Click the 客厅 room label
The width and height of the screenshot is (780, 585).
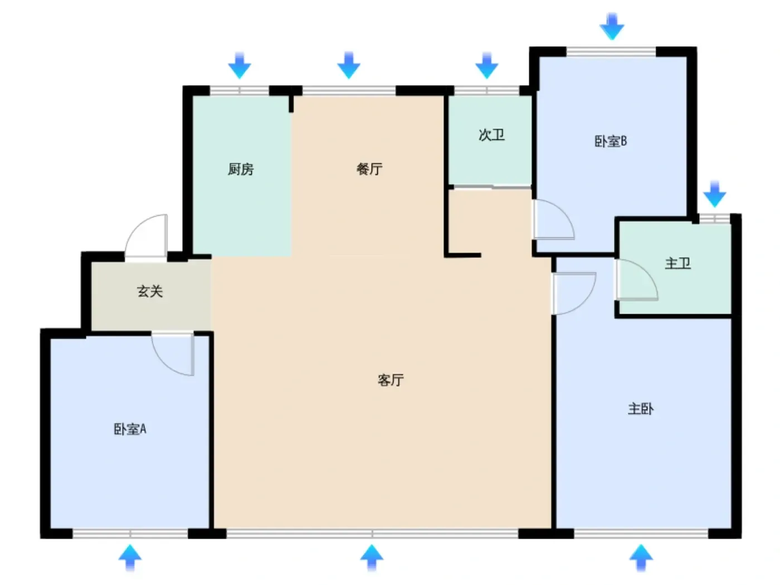pyautogui.click(x=390, y=380)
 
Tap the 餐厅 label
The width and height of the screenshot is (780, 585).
pyautogui.click(x=369, y=169)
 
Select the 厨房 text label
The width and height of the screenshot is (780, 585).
pyautogui.click(x=241, y=169)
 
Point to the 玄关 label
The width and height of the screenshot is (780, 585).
pyautogui.click(x=150, y=291)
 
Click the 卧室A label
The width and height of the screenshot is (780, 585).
pyautogui.click(x=130, y=429)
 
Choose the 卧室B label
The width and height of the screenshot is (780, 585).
pyautogui.click(x=611, y=141)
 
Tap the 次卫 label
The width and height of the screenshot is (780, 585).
pyautogui.click(x=491, y=135)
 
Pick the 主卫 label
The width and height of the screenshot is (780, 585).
pyautogui.click(x=677, y=263)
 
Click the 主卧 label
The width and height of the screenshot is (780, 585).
pyautogui.click(x=641, y=409)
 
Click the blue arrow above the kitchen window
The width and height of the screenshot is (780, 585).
pyautogui.click(x=240, y=66)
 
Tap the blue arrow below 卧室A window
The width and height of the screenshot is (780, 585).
pyautogui.click(x=130, y=558)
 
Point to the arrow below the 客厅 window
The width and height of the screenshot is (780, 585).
pyautogui.click(x=372, y=558)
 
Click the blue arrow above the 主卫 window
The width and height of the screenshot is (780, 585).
pyautogui.click(x=715, y=194)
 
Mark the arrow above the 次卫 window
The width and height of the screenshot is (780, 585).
pyautogui.click(x=486, y=66)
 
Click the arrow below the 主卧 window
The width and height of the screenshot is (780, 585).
pyautogui.click(x=641, y=558)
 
